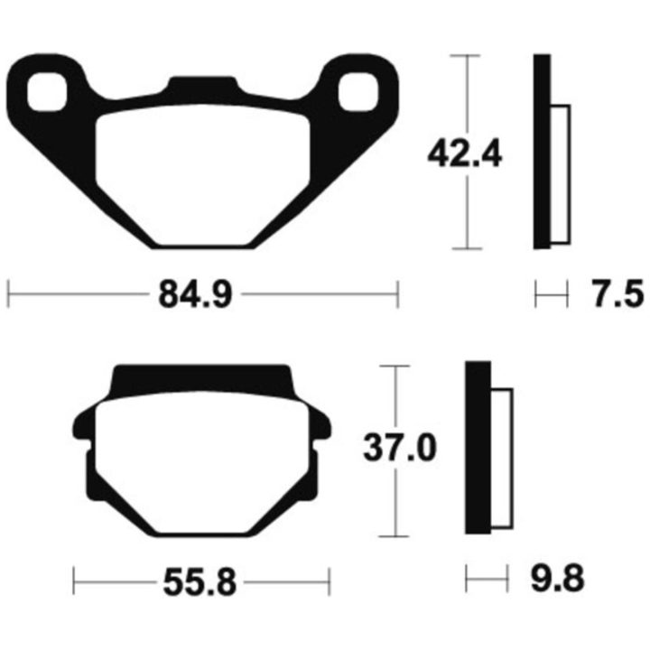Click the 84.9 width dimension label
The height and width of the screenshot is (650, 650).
[195, 294]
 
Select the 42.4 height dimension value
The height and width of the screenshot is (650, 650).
[465, 153]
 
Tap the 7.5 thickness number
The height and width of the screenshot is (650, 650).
[617, 294]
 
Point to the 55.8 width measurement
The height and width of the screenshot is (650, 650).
[200, 582]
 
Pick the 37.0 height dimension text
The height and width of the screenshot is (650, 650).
[400, 448]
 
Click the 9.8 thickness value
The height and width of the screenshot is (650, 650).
[558, 579]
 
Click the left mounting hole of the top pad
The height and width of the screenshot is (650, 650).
[47, 92]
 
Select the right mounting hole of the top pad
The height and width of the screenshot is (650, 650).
[358, 92]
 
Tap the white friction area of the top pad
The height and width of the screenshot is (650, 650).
[203, 174]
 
